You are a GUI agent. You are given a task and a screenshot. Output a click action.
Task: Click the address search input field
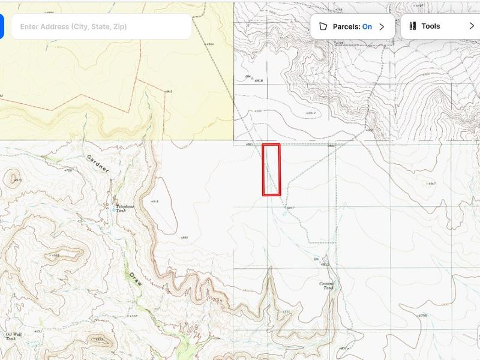pyautogui.click(x=101, y=26)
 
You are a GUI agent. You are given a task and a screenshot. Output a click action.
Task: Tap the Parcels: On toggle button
pyautogui.click(x=352, y=26)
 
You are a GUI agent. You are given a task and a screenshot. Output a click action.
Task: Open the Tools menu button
pyautogui.click(x=440, y=26)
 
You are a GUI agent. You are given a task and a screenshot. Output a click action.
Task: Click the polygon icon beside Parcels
pyautogui.click(x=323, y=26)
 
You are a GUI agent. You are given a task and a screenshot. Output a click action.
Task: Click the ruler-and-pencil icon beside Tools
pyautogui.click(x=412, y=26)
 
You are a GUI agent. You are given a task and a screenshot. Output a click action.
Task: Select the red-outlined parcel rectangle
pyautogui.click(x=271, y=170)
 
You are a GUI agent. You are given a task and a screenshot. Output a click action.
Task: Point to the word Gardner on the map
pyautogui.click(x=98, y=164)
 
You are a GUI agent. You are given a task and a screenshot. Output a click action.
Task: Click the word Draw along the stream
pyautogui.click(x=135, y=283)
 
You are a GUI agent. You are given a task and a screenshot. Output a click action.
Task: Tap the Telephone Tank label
pyautogui.click(x=125, y=208)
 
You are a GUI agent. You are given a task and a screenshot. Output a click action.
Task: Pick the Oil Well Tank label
pyautogui.click(x=13, y=337)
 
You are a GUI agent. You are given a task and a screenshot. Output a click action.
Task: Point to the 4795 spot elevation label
pyautogui.click(x=422, y=316)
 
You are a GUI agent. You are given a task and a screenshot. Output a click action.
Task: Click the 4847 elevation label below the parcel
pyautogui.click(x=290, y=208)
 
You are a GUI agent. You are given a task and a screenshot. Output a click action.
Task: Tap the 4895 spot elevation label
pyautogui.click(x=184, y=238)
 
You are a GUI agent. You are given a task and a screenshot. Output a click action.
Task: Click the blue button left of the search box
pyautogui.click(x=1, y=26)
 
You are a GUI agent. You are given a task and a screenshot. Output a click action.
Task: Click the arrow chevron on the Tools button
pyautogui.click(x=471, y=26)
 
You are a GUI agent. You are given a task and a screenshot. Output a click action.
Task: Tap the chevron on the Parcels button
pyautogui.click(x=382, y=26)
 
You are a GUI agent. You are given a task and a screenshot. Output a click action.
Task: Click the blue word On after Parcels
pyautogui.click(x=367, y=26)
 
